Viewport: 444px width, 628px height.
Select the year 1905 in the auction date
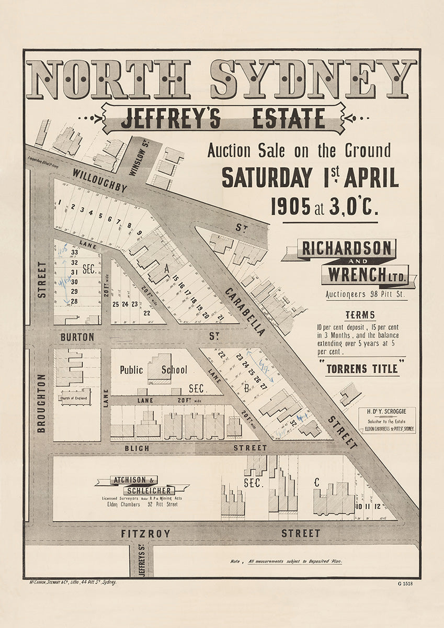click(x=290, y=207)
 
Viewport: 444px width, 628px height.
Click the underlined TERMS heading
click(x=360, y=315)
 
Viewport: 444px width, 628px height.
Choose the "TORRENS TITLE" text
click(x=362, y=368)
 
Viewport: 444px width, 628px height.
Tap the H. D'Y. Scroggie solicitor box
click(x=387, y=420)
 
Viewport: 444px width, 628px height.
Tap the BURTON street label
click(x=77, y=337)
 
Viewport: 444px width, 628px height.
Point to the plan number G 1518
click(x=405, y=584)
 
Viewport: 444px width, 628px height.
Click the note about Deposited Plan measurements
click(x=287, y=561)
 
